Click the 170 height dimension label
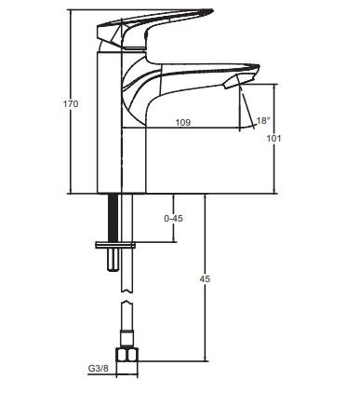pos(71,103)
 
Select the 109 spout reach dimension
pos(183,122)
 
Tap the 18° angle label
pos(263,120)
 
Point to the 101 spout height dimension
pos(274,138)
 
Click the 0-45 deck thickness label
pos(173,219)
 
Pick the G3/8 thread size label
pos(99,369)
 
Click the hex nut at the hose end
pos(127,355)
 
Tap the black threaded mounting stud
pos(113,218)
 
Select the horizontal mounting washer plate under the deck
pos(115,245)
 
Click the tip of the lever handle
pos(213,10)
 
